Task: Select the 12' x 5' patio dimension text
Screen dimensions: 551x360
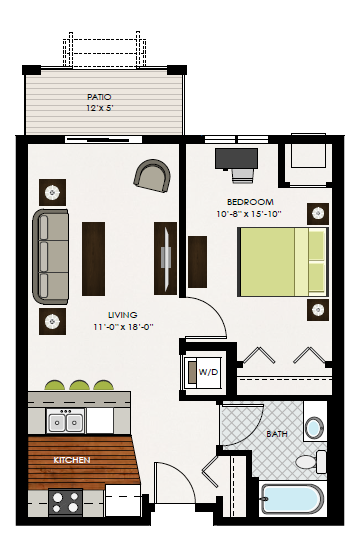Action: [x=102, y=108]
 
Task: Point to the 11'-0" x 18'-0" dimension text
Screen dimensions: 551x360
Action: [x=123, y=326]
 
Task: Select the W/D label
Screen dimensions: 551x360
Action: [x=208, y=372]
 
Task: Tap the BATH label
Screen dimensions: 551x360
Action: [x=276, y=434]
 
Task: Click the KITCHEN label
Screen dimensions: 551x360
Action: [x=72, y=460]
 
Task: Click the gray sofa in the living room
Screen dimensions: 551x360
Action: [x=51, y=256]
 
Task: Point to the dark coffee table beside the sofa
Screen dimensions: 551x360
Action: [x=93, y=258]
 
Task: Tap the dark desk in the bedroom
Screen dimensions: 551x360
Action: [x=236, y=157]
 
